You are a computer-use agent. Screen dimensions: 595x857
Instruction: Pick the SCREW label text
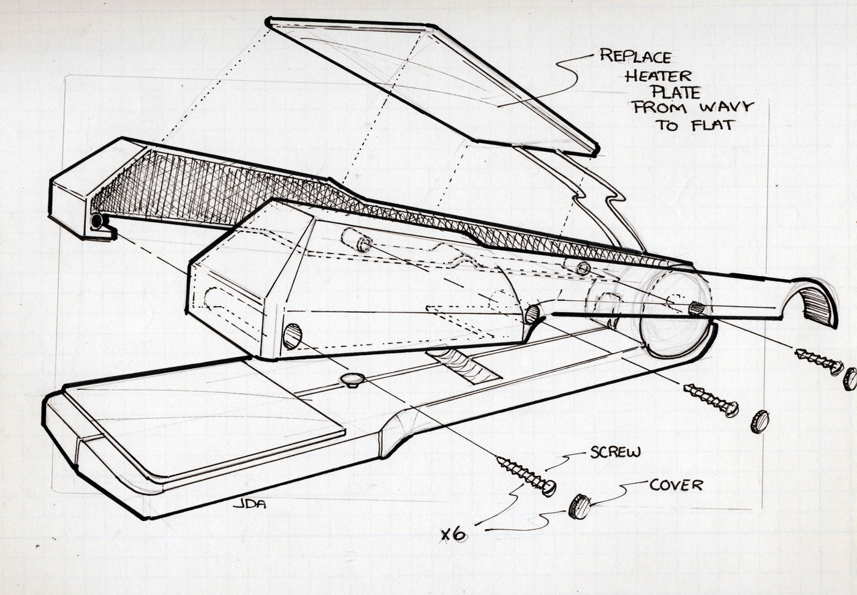pos(615,453)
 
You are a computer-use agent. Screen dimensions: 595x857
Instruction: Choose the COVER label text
pos(676,485)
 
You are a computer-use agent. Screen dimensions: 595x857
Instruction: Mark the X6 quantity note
pos(454,534)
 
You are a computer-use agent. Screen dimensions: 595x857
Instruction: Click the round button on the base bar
pos(353,380)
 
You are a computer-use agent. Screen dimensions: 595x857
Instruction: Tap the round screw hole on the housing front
pos(293,336)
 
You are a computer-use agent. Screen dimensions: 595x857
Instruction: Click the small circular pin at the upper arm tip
pos(96,221)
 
